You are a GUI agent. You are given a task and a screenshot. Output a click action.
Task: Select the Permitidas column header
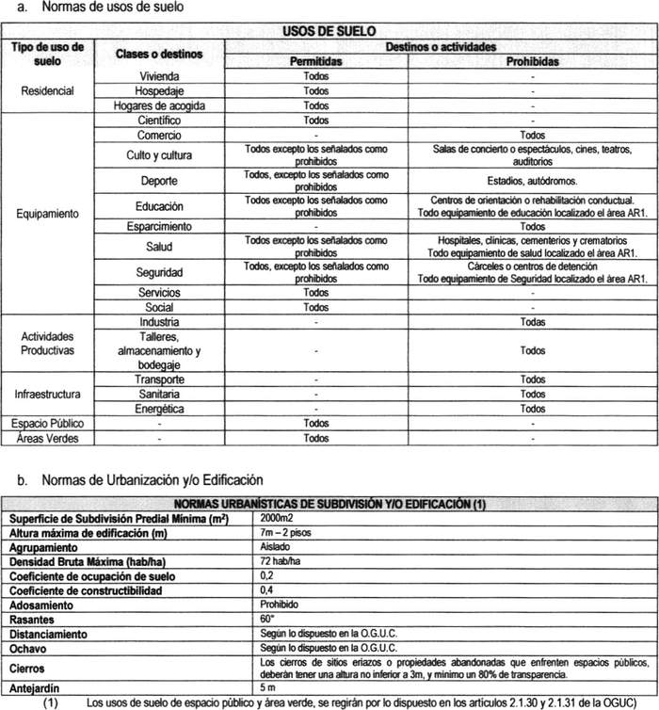tap(316, 61)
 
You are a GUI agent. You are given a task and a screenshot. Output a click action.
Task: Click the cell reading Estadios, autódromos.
tap(532, 179)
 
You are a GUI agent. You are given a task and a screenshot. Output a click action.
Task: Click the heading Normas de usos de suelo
tap(116, 8)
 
